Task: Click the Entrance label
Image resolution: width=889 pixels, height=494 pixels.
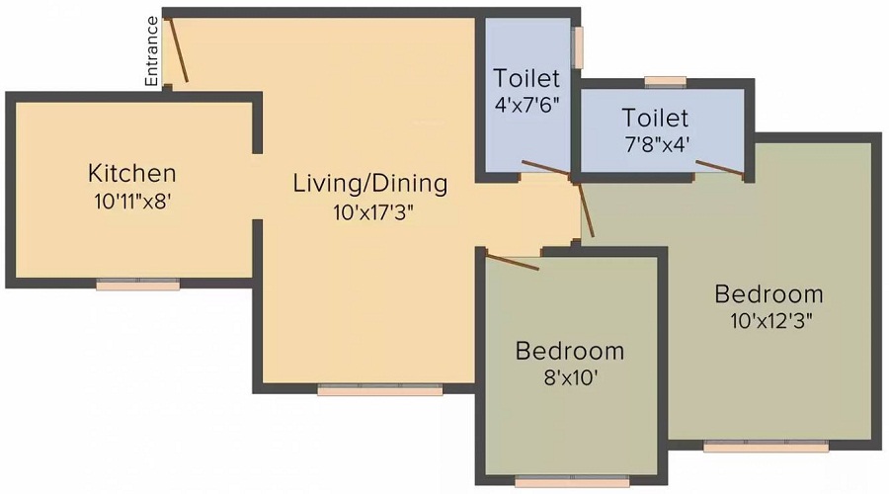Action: coord(151,51)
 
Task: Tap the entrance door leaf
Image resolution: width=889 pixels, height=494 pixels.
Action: coord(178,50)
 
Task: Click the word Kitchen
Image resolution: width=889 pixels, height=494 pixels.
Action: coord(132,173)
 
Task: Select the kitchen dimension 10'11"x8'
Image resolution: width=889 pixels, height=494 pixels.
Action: coord(132,202)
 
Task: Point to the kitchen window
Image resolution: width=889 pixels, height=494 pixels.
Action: coord(137,285)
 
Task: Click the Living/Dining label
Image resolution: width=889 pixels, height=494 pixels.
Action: coord(370,184)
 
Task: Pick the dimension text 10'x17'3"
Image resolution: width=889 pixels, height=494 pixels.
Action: coord(373,212)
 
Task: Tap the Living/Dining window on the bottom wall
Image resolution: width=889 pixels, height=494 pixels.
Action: coord(380,389)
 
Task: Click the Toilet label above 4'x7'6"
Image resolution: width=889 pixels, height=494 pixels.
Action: coord(526,78)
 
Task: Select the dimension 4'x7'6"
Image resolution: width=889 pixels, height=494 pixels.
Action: coord(526,106)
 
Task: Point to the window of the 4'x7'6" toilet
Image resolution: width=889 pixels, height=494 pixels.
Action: coord(577,47)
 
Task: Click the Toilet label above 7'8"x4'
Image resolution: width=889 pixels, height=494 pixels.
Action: coord(656,118)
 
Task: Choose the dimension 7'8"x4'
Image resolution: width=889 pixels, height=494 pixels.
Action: coord(657,144)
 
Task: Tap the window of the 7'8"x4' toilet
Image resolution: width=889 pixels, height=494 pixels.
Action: coord(666,83)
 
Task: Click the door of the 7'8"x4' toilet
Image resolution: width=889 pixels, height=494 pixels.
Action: coord(720,169)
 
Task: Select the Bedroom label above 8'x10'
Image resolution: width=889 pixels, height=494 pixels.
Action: coord(570,351)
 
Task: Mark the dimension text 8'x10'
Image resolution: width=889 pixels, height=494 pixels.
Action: coord(571,377)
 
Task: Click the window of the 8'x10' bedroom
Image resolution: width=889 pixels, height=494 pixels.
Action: coord(572,482)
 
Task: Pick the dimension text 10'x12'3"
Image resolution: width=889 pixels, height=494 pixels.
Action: coord(771,321)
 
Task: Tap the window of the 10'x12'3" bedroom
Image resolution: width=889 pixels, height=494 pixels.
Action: coord(766,446)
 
